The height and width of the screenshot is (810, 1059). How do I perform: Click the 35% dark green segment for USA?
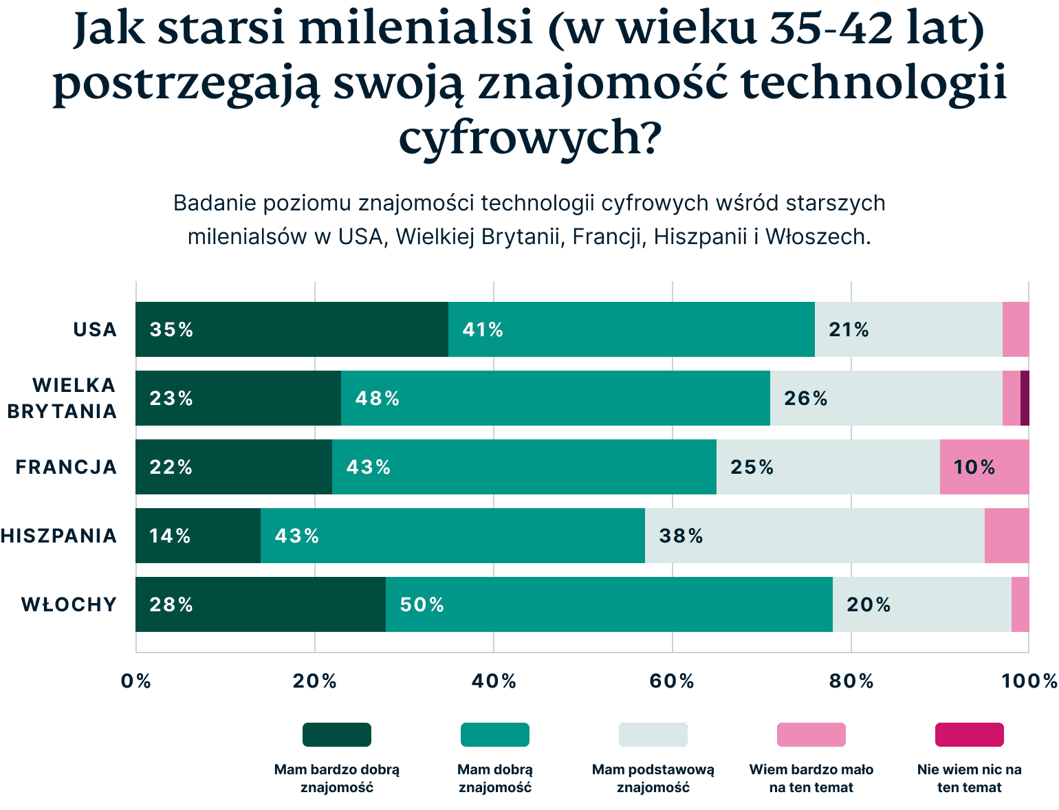click(x=292, y=329)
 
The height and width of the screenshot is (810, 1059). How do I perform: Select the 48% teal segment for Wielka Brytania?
click(x=555, y=398)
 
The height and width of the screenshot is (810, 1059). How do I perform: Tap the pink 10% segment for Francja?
click(x=984, y=467)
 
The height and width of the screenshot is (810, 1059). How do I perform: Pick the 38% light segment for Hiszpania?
click(x=814, y=536)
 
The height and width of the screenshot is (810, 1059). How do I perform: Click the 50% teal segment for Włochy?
click(x=609, y=604)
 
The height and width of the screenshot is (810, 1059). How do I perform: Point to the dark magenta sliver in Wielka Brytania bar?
click(x=1025, y=398)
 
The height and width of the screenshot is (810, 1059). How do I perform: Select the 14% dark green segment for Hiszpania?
click(x=198, y=536)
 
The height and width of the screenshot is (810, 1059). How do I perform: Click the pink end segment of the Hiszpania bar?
click(x=1007, y=536)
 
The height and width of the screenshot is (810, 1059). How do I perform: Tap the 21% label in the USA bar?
click(x=849, y=330)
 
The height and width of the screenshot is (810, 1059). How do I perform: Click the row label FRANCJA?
click(x=67, y=467)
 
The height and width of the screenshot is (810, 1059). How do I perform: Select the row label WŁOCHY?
click(x=69, y=604)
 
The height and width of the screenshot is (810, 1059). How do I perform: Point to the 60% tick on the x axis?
click(x=672, y=681)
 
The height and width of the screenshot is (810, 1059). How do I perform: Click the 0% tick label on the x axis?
click(x=135, y=681)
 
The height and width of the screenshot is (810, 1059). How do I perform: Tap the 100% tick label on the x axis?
click(x=1029, y=681)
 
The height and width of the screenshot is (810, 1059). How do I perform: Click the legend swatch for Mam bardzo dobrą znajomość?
click(x=337, y=734)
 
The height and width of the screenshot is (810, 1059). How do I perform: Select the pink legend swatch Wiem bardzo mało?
click(x=811, y=734)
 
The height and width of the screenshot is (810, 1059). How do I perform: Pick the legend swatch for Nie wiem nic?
click(x=969, y=734)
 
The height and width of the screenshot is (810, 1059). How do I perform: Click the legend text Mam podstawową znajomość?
click(x=653, y=778)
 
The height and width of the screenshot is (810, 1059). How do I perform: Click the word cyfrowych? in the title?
click(x=529, y=137)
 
